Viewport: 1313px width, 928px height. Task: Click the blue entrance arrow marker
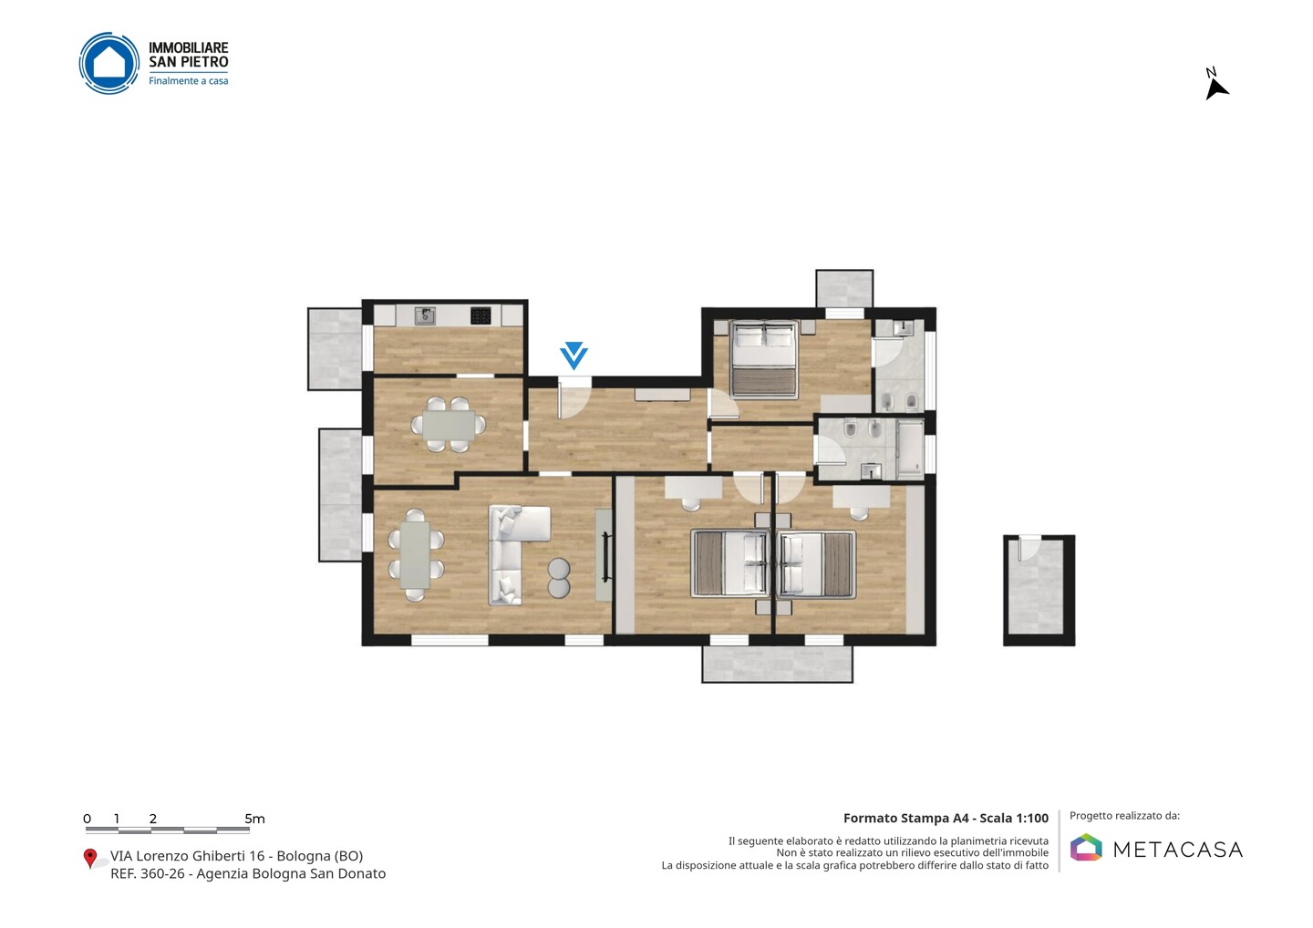tap(574, 355)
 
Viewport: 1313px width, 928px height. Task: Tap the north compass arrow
tap(1216, 89)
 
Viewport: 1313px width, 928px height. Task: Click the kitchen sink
tap(426, 315)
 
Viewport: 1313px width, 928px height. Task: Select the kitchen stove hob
tap(481, 315)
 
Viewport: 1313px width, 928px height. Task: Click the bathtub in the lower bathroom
tap(910, 449)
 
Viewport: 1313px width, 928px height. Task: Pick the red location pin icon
tap(89, 859)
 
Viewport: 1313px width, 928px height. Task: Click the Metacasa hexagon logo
tap(1086, 847)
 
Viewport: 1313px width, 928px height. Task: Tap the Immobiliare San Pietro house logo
tap(109, 63)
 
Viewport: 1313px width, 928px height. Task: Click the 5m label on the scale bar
tap(254, 819)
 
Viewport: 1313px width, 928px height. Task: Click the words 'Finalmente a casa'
tap(188, 81)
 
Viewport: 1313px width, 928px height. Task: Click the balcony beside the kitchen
tap(335, 349)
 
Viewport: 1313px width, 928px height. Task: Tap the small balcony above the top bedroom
tap(844, 288)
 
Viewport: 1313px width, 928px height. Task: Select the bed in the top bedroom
tap(764, 359)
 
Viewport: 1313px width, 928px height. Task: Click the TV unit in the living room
tap(604, 554)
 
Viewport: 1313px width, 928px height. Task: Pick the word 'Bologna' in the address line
tap(301, 856)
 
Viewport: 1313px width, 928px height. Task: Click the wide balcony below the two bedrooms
tap(777, 665)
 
